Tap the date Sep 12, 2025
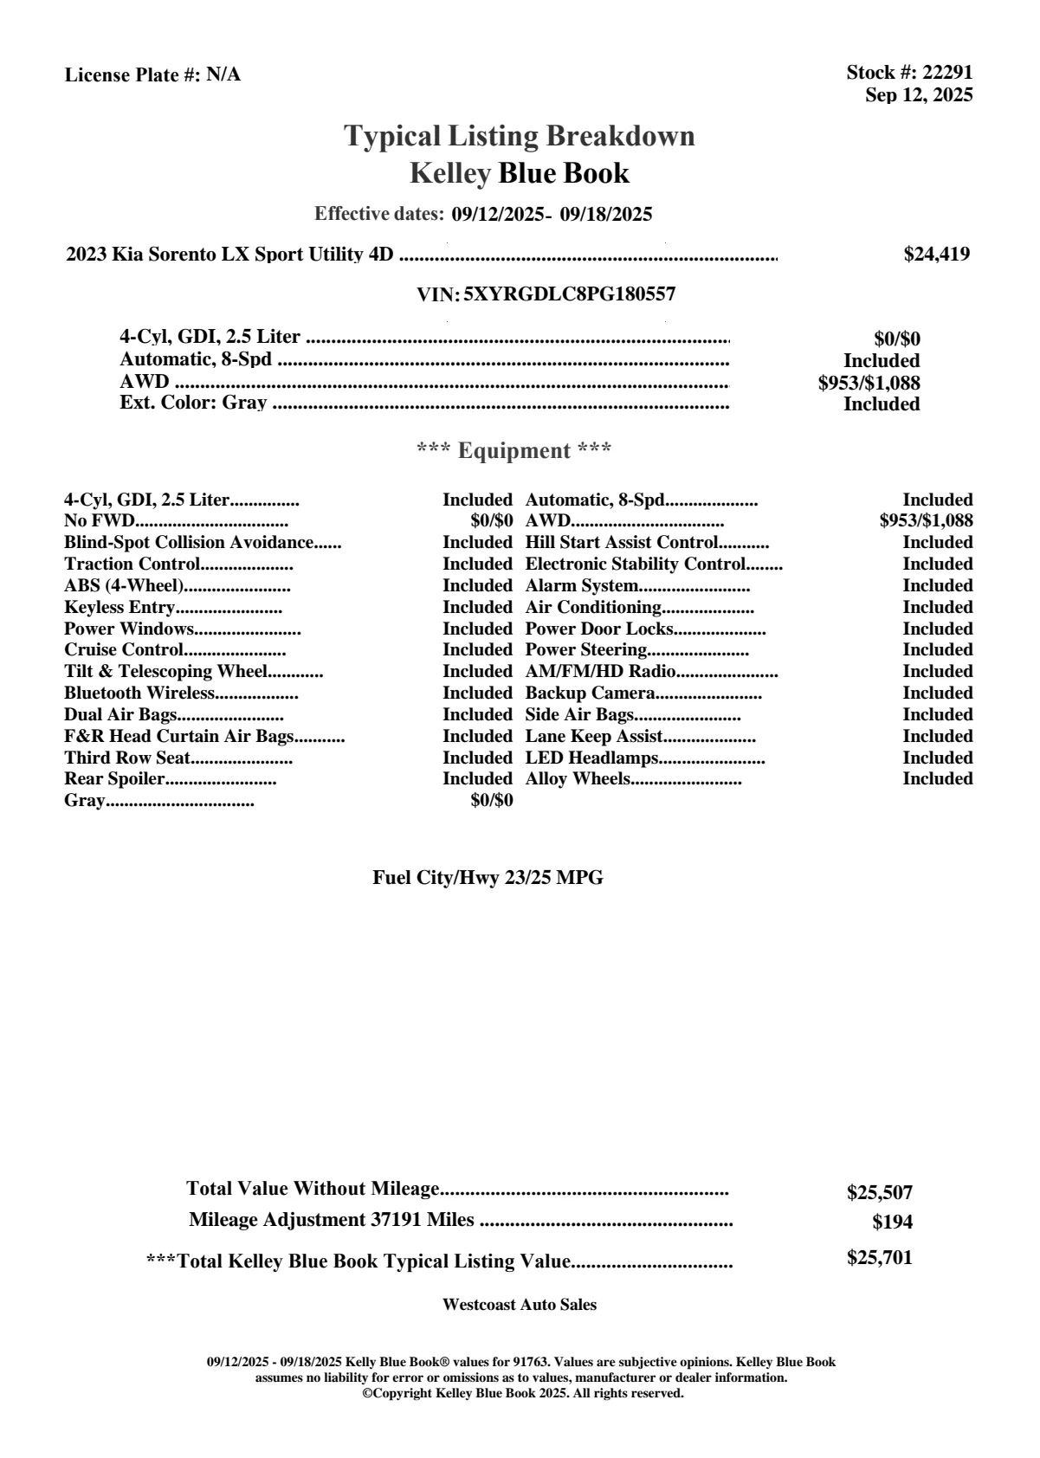click(918, 94)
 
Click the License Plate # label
click(133, 75)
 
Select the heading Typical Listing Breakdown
click(520, 136)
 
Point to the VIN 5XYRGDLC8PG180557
click(569, 294)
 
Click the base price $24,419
click(936, 254)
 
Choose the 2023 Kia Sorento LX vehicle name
click(229, 254)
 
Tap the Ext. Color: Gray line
click(193, 403)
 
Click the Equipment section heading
click(514, 450)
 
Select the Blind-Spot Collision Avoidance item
click(189, 543)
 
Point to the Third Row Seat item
click(127, 758)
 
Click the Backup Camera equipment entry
click(590, 693)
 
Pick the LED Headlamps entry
click(592, 758)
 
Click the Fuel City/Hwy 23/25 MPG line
click(488, 878)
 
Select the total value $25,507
click(879, 1192)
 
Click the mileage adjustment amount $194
click(892, 1223)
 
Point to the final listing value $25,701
click(879, 1258)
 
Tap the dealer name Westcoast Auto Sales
click(519, 1304)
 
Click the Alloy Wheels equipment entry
click(578, 779)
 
